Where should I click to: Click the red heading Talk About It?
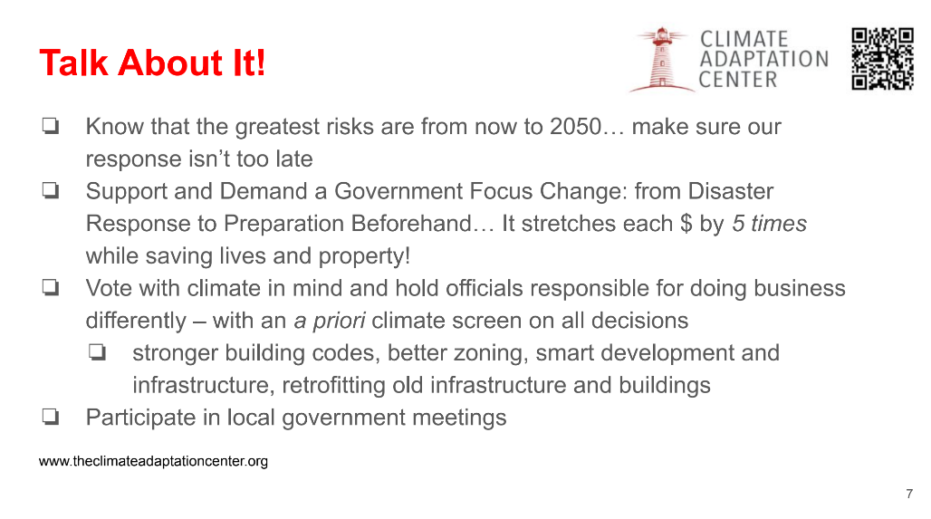(152, 62)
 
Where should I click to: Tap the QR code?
(882, 59)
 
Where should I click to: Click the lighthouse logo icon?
(661, 60)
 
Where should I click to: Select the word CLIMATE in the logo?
(744, 39)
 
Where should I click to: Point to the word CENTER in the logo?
(737, 80)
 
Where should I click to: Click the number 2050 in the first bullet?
(575, 127)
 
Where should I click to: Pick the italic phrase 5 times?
(769, 224)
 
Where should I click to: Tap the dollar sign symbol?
(686, 224)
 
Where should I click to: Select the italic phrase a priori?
(330, 322)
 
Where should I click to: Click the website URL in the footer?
(153, 461)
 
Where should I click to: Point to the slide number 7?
(909, 494)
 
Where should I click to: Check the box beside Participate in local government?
(51, 417)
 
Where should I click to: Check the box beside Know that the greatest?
(51, 125)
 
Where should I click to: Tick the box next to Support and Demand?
(51, 190)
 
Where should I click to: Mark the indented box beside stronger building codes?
(98, 352)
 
